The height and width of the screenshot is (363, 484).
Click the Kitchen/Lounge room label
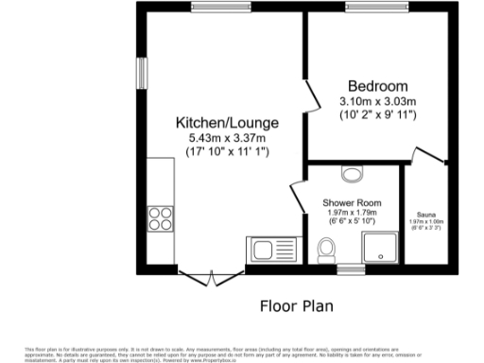click(226, 122)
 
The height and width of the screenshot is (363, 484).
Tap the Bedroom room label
click(377, 83)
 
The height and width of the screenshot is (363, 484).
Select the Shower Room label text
click(351, 203)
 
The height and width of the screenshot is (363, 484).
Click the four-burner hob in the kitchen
click(159, 218)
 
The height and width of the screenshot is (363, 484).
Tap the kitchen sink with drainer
click(272, 251)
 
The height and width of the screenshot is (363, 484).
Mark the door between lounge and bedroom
click(310, 96)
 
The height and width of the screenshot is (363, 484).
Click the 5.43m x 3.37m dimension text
click(226, 138)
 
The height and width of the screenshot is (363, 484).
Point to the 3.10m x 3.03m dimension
click(377, 101)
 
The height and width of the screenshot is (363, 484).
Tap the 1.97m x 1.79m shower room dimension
click(351, 214)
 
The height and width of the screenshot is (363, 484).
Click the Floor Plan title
click(296, 307)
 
